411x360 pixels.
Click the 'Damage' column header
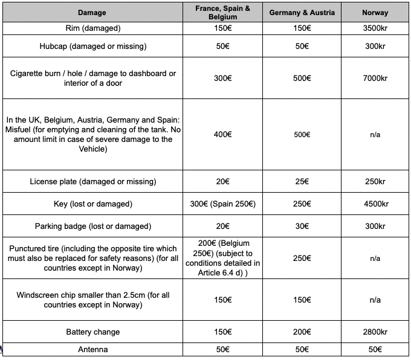pyautogui.click(x=92, y=13)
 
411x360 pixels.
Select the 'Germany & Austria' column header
pyautogui.click(x=302, y=13)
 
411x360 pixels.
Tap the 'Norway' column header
pyautogui.click(x=375, y=13)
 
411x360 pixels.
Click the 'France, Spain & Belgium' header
pyautogui.click(x=222, y=13)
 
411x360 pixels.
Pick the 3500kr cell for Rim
pyautogui.click(x=375, y=28)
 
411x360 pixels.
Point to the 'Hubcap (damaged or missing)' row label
pyautogui.click(x=92, y=47)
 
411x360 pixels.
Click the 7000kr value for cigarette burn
pyautogui.click(x=375, y=78)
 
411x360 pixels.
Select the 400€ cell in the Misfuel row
pyautogui.click(x=222, y=134)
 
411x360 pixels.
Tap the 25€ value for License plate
pyautogui.click(x=302, y=182)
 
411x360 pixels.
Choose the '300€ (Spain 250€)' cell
pyautogui.click(x=222, y=204)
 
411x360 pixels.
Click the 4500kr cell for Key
pyautogui.click(x=375, y=204)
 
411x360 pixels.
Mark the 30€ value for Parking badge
pyautogui.click(x=302, y=227)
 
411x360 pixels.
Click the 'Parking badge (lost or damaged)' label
pyautogui.click(x=92, y=227)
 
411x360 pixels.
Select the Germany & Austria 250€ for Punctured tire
pyautogui.click(x=302, y=259)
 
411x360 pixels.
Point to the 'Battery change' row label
pyautogui.click(x=92, y=332)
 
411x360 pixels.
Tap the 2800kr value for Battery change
pyautogui.click(x=375, y=332)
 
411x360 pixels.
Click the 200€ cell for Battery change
pyautogui.click(x=302, y=332)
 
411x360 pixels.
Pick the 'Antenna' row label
pyautogui.click(x=92, y=350)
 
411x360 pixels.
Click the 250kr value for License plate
pyautogui.click(x=375, y=182)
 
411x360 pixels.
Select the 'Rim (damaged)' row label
pyautogui.click(x=92, y=28)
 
